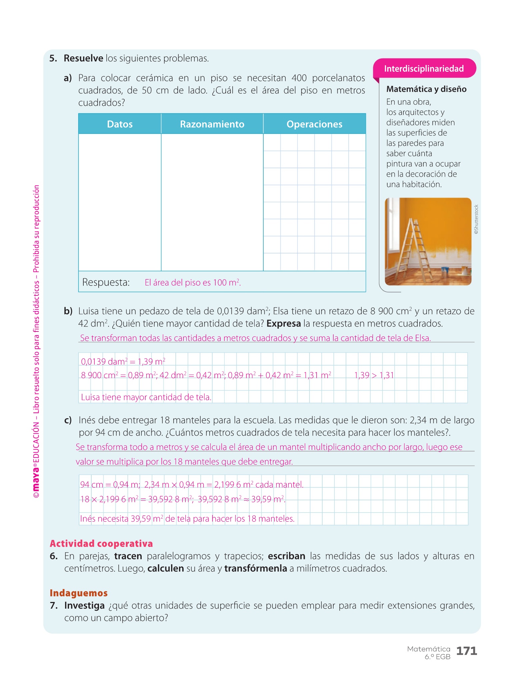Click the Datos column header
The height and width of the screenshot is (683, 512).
120,124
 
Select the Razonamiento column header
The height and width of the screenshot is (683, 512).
212,124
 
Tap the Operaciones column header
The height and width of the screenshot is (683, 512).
314,124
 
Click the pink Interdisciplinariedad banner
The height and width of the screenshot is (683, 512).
424,69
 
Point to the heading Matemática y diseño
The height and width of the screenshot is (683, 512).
426,89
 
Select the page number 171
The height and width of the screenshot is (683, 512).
466,651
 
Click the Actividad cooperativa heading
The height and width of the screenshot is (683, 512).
101,544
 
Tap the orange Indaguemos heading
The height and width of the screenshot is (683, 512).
79,593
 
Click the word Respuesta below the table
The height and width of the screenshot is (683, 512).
106,282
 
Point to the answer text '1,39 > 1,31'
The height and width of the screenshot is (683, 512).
374,375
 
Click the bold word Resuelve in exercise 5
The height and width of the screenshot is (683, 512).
83,58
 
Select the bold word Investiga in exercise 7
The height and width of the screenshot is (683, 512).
84,606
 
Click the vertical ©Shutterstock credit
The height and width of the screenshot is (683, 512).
476,219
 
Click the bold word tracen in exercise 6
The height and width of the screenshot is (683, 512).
128,556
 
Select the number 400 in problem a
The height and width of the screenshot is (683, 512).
299,78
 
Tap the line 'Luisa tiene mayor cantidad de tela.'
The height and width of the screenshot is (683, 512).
146,397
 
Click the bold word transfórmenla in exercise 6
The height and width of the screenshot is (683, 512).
255,569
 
